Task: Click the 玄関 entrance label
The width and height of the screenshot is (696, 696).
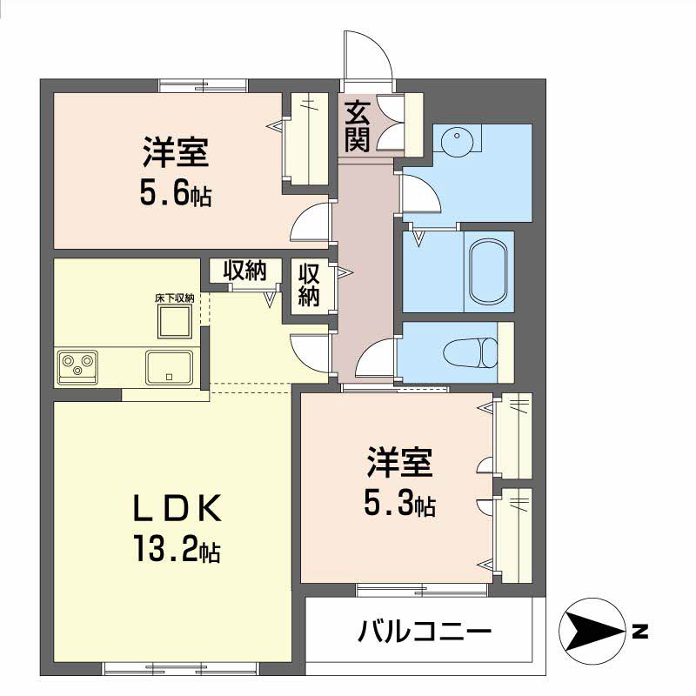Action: (x=358, y=126)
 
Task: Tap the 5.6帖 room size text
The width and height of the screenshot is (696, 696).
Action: (x=176, y=194)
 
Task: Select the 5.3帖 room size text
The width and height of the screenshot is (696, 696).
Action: (x=399, y=505)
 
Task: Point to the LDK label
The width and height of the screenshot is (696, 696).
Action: (x=177, y=508)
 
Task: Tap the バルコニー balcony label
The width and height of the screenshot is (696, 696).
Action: (x=425, y=632)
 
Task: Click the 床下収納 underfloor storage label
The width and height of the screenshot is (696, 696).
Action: (x=175, y=298)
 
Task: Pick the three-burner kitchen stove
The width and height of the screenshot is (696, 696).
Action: (x=77, y=366)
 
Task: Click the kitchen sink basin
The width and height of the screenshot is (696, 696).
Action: (x=169, y=367)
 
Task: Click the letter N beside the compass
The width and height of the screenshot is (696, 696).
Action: (x=639, y=632)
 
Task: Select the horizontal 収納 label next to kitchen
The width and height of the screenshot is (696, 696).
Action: (x=244, y=271)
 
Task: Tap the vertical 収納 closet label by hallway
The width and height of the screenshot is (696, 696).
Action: (x=309, y=285)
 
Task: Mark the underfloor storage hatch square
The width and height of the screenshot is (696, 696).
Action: (x=175, y=322)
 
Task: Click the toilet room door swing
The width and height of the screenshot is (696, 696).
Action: (x=376, y=358)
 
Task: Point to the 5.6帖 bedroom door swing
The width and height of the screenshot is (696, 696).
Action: (x=311, y=222)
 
